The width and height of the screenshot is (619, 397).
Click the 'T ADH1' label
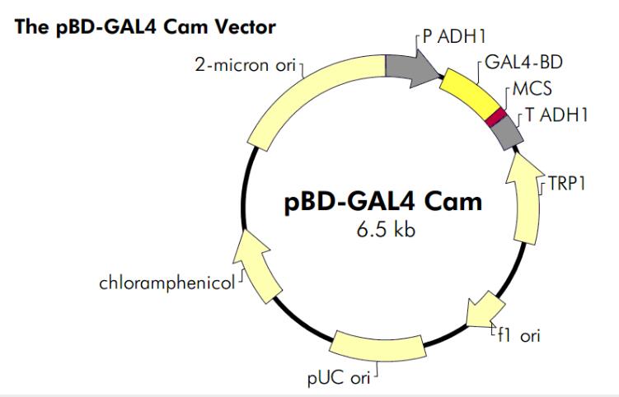[556, 115]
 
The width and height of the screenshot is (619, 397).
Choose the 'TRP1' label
[570, 184]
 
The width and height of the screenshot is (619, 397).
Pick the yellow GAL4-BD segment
[471, 90]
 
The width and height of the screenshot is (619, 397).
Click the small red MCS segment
[495, 117]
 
